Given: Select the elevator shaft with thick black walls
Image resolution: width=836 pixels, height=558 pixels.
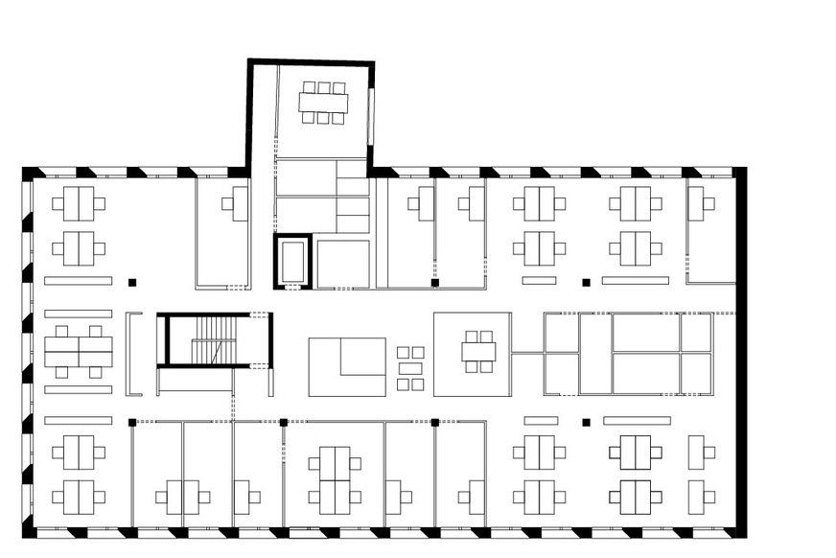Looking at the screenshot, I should pos(293,261).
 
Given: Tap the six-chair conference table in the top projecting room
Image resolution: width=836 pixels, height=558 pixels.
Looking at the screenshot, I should pos(323,103).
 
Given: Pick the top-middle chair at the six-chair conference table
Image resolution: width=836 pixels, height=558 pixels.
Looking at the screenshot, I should pos(323,87).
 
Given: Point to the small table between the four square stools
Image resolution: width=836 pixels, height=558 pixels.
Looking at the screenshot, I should pos(410,368).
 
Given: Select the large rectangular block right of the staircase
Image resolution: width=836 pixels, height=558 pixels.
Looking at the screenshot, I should pos(347,366).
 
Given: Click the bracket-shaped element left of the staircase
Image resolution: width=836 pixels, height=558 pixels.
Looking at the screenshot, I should pos(134,354).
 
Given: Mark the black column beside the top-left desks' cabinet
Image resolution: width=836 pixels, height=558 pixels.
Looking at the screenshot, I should pos(132,281).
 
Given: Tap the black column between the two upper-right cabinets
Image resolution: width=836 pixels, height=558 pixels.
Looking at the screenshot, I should pos(586,282).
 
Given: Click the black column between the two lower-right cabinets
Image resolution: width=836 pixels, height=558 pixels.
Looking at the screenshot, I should pos(586,421).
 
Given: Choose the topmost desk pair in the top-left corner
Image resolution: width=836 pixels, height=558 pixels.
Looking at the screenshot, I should pos(79,203).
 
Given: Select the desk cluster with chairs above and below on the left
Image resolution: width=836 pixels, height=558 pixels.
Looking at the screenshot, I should pos(79,353).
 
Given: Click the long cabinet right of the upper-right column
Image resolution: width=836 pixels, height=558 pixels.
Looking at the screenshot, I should pos(636,281).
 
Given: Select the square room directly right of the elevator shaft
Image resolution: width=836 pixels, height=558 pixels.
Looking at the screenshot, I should pos(343,264).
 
